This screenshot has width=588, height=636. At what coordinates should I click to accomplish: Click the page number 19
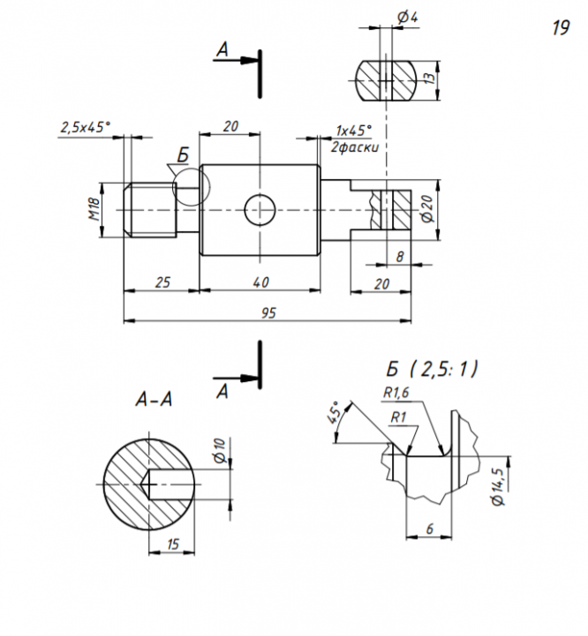click(x=560, y=28)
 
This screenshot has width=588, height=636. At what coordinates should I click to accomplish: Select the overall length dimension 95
click(x=267, y=312)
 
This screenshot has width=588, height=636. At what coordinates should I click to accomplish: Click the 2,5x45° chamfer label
click(x=86, y=127)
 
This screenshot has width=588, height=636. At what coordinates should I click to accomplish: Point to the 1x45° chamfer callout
click(x=354, y=129)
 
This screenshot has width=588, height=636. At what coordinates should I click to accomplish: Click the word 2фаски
click(x=354, y=146)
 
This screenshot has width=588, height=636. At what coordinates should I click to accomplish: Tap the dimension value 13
click(x=429, y=79)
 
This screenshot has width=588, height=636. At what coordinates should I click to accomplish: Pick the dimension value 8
click(x=400, y=256)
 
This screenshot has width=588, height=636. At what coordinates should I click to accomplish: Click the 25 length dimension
click(x=161, y=281)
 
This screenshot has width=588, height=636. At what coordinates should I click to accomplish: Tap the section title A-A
click(x=154, y=400)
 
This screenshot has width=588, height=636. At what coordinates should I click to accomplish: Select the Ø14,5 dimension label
click(x=499, y=485)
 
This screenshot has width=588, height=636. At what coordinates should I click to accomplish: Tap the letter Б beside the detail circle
click(x=182, y=156)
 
